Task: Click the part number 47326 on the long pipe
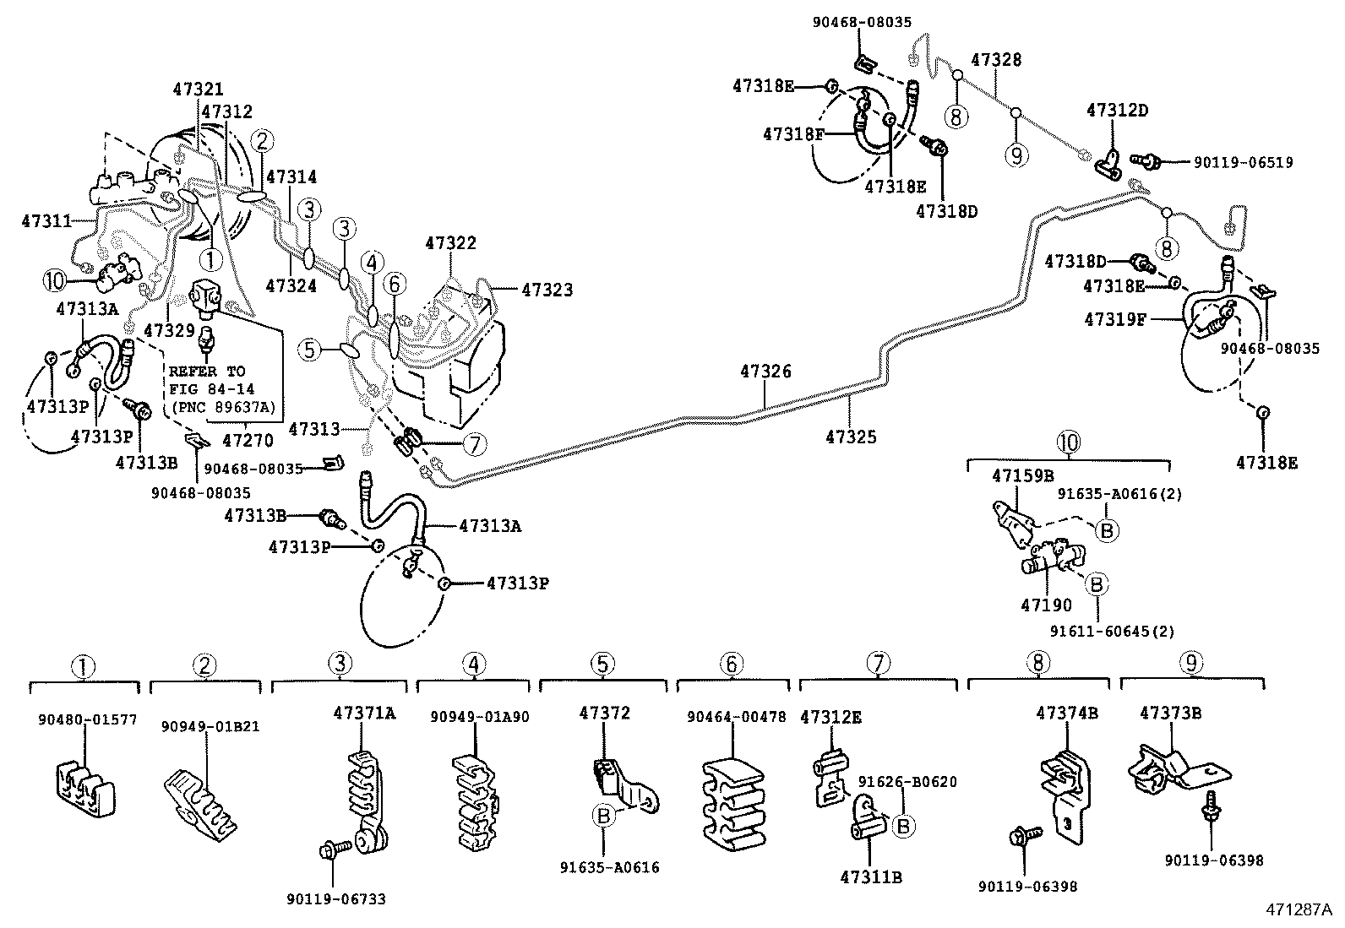pyautogui.click(x=765, y=371)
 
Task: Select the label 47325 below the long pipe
pyautogui.click(x=851, y=437)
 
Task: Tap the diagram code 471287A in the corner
pyautogui.click(x=1298, y=909)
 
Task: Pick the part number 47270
pyautogui.click(x=247, y=440)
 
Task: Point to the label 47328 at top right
pyautogui.click(x=996, y=60)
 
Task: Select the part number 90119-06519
pyautogui.click(x=1243, y=162)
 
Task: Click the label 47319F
pyautogui.click(x=1114, y=319)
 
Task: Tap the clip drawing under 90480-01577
pyautogui.click(x=85, y=786)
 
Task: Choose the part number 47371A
pyautogui.click(x=364, y=713)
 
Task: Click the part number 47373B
pyautogui.click(x=1170, y=713)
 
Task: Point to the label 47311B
pyautogui.click(x=870, y=877)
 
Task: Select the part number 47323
pyautogui.click(x=547, y=290)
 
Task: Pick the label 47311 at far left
pyautogui.click(x=46, y=221)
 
